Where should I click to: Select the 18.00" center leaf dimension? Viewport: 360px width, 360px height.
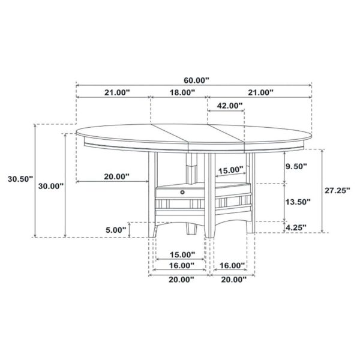click(x=182, y=92)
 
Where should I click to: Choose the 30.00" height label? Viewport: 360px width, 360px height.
click(x=50, y=186)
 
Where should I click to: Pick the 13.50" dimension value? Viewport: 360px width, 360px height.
click(x=296, y=202)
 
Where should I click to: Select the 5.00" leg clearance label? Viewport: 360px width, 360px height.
click(x=116, y=229)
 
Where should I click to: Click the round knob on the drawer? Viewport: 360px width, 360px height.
click(x=182, y=192)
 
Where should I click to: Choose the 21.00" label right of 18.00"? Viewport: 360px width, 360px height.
click(x=259, y=92)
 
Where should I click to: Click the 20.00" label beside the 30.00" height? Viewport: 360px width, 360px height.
click(x=116, y=176)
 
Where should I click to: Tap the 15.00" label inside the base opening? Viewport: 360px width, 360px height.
click(x=230, y=170)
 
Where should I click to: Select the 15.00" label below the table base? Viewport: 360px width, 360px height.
click(x=181, y=254)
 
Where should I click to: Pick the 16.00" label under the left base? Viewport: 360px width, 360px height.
click(x=181, y=265)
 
